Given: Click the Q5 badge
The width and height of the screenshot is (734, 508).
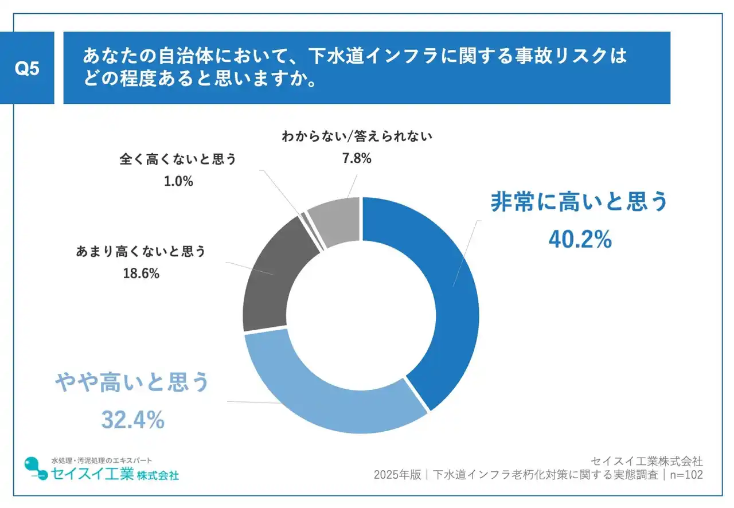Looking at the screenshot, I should coord(26,68).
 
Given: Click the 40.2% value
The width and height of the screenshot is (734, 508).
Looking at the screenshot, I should coord(580,240).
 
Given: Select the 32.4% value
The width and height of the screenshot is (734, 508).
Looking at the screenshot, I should coord(133,420).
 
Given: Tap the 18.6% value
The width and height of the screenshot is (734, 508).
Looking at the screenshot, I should coord(140,273).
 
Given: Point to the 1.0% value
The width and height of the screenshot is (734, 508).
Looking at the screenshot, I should coord(178,182).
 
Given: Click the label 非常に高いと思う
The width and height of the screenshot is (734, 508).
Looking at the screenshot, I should coord(579,202).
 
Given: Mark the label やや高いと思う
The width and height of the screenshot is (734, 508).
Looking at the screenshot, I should coord(131,383).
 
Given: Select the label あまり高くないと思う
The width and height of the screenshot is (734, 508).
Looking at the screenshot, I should coord(140,251).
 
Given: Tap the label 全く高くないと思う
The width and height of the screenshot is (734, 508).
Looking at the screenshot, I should coord(178,159).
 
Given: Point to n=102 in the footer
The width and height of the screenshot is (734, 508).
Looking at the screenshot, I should coord(686,475).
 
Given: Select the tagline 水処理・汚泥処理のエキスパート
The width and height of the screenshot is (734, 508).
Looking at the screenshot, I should coord(101,460).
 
